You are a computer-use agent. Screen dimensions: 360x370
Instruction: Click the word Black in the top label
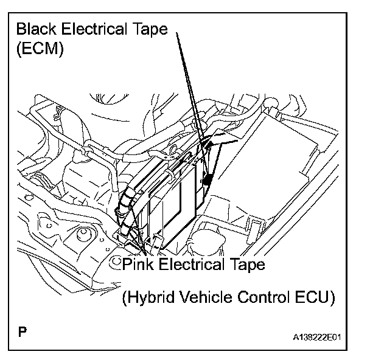click(38, 29)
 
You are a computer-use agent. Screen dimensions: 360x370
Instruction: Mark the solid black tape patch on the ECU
click(208, 179)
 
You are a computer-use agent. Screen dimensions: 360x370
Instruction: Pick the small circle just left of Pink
click(115, 263)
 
